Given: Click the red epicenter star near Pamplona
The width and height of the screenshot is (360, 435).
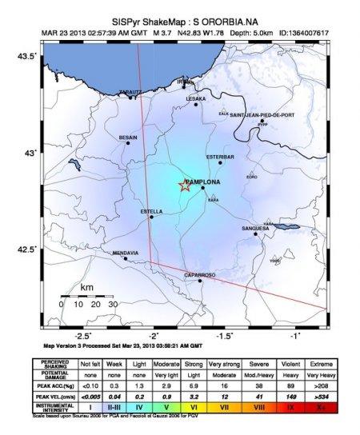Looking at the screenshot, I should (184, 186).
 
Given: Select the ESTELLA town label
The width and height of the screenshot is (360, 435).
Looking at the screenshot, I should (151, 211).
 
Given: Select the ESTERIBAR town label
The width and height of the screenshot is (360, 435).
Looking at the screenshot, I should (219, 156).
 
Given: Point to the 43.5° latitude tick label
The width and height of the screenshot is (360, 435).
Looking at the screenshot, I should (26, 56).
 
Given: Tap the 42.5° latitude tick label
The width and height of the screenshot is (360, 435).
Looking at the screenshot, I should (26, 249).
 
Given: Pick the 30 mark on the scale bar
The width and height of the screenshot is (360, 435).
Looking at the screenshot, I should (113, 304).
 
